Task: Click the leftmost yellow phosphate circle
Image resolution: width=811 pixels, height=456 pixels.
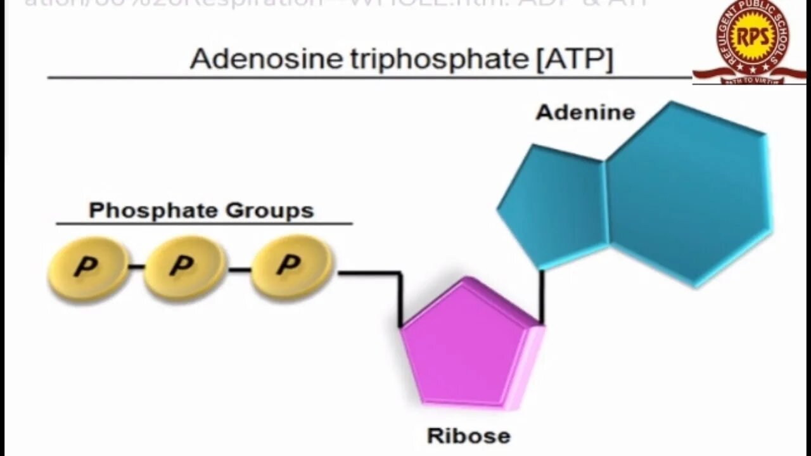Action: (88, 269)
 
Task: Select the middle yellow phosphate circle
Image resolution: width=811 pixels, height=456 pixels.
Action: (184, 267)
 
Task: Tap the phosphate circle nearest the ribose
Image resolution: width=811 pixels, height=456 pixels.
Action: (291, 266)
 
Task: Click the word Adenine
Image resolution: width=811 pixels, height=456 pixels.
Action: (585, 113)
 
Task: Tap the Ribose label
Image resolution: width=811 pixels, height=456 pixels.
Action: (468, 436)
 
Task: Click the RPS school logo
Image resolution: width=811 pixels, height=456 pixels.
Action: (751, 39)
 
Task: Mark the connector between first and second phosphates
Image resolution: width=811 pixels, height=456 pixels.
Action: (136, 267)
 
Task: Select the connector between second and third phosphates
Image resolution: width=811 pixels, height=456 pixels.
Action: (239, 270)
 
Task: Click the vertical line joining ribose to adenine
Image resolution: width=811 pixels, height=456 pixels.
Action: (542, 296)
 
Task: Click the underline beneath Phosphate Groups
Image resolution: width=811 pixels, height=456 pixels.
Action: (204, 224)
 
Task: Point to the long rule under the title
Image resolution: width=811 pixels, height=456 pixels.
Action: (367, 78)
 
